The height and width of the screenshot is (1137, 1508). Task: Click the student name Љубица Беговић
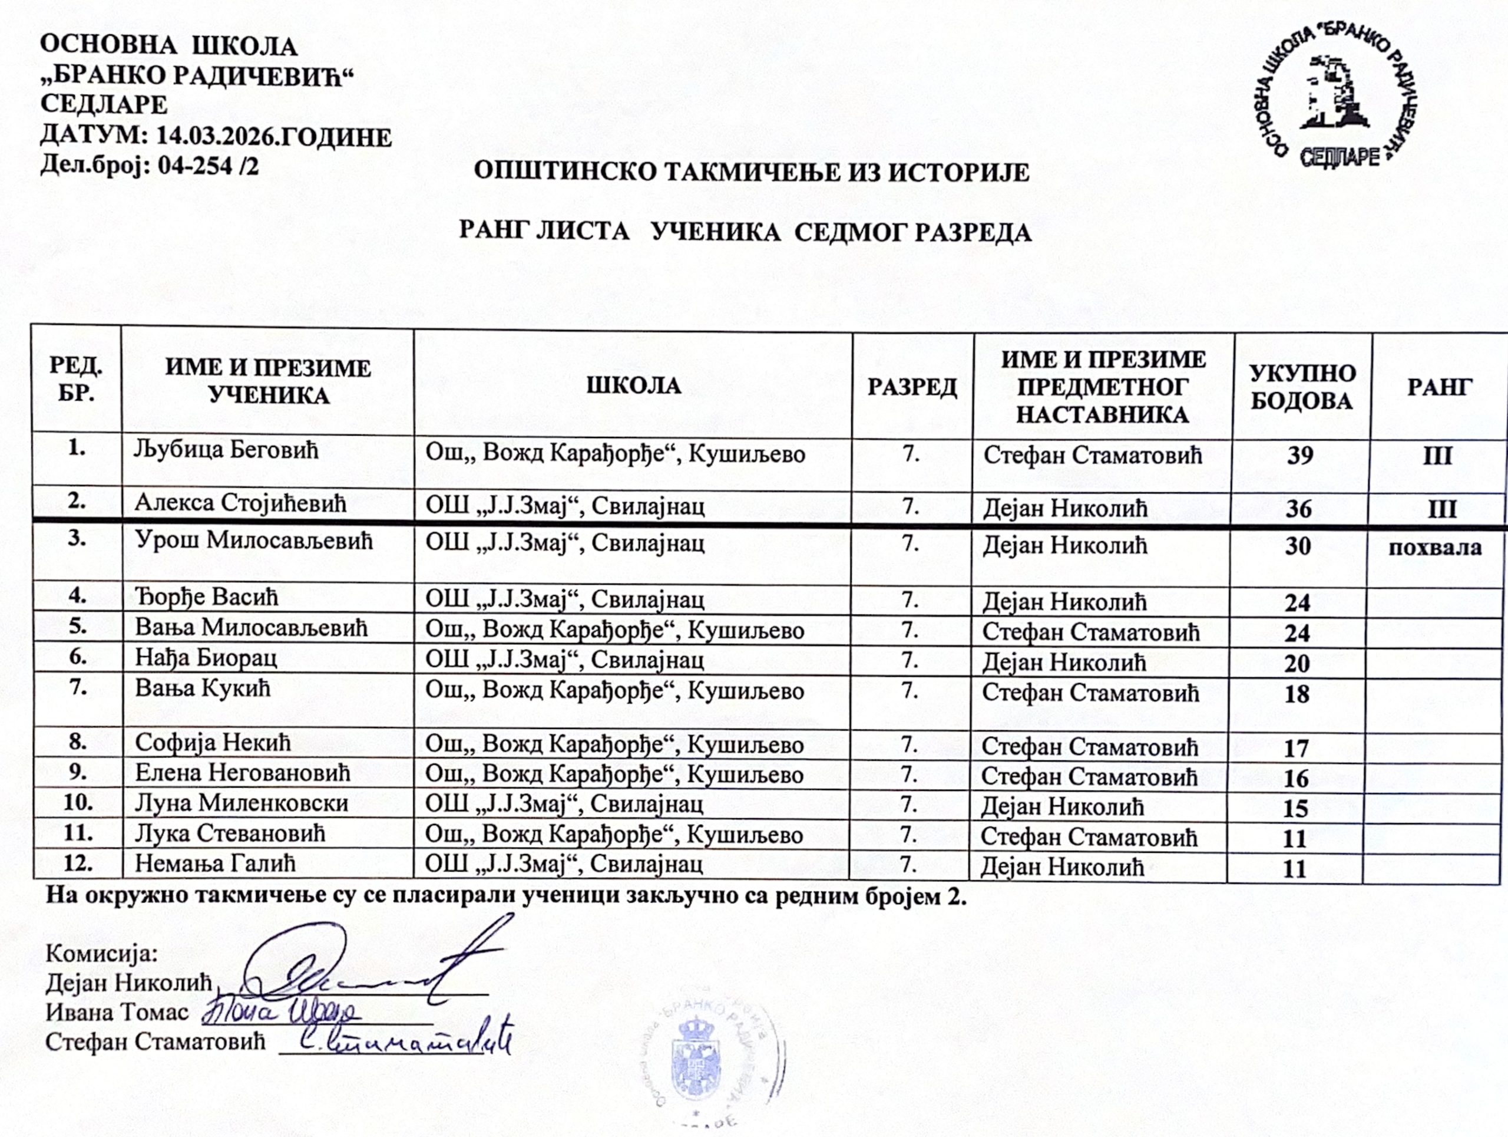[226, 450]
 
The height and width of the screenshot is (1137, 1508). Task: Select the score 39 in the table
[1299, 455]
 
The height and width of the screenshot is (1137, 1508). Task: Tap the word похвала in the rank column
[1434, 547]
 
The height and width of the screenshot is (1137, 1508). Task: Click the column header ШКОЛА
[633, 385]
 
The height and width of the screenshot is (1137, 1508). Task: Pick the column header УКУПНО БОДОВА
[1302, 387]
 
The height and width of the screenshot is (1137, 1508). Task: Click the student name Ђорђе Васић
[206, 598]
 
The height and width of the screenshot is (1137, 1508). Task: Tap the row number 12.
[78, 864]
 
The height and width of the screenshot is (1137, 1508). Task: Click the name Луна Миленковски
[242, 803]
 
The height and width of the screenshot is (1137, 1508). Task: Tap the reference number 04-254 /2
[208, 166]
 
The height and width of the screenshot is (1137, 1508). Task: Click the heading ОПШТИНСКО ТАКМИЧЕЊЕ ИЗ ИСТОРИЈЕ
[751, 171]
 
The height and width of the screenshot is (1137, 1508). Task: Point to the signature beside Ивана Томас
[280, 1011]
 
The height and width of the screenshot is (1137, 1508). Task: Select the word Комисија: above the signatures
[101, 953]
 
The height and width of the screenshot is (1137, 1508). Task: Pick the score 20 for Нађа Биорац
[1297, 663]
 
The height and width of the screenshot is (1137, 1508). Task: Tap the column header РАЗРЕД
[911, 387]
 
